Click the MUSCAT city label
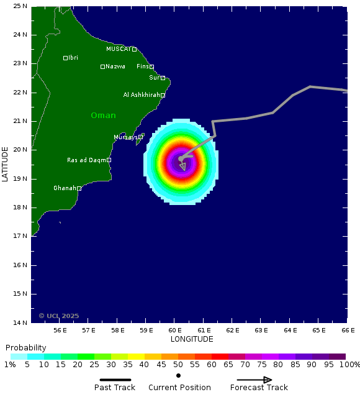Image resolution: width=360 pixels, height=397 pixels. pos(118,49)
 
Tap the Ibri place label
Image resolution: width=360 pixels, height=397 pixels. pos(73,58)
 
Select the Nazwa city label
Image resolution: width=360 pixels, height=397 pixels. pos(115,66)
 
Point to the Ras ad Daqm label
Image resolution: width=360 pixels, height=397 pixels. pos(86,160)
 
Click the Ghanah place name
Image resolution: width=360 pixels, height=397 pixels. pos(65,188)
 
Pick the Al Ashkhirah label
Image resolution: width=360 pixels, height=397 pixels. pos(142,95)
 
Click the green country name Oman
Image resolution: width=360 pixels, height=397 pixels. pos(103,116)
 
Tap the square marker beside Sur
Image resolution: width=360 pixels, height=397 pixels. pos(163,78)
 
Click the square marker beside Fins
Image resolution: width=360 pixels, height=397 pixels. pos(151,67)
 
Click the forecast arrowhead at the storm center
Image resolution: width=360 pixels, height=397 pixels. pos(182,167)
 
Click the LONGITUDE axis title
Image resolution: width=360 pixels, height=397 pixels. pos(192,339)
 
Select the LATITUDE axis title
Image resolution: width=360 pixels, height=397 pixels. pos(6,164)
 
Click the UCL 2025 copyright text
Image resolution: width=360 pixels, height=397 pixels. pos(59,316)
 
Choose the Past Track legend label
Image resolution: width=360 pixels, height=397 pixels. pos(115,388)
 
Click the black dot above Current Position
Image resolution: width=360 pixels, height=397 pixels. pos(178,375)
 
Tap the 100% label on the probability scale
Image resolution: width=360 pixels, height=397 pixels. pos(350,365)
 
